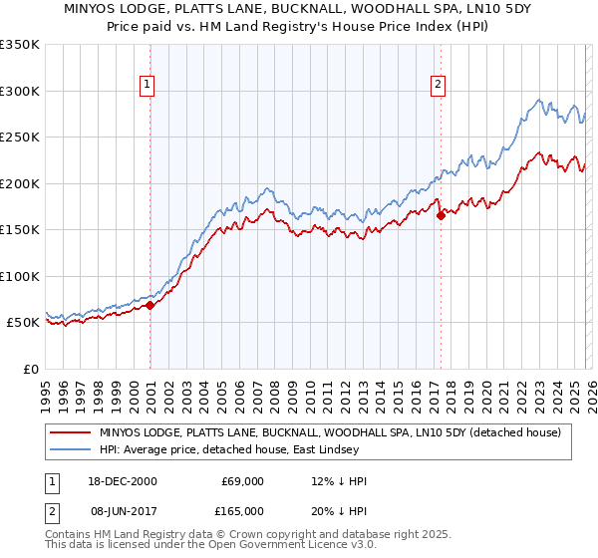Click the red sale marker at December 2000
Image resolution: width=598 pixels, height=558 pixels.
click(150, 306)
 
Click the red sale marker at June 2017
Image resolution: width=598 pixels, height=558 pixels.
click(441, 216)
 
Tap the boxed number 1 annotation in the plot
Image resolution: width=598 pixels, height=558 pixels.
click(147, 86)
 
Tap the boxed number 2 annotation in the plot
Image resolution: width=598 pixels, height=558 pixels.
click(438, 86)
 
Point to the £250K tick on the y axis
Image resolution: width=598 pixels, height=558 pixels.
click(20, 138)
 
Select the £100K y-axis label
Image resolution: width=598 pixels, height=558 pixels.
click(20, 276)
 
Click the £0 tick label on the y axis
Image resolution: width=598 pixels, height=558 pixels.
click(28, 369)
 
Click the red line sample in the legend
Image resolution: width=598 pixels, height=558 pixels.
click(71, 432)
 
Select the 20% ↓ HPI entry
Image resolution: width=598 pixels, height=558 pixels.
click(338, 510)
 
